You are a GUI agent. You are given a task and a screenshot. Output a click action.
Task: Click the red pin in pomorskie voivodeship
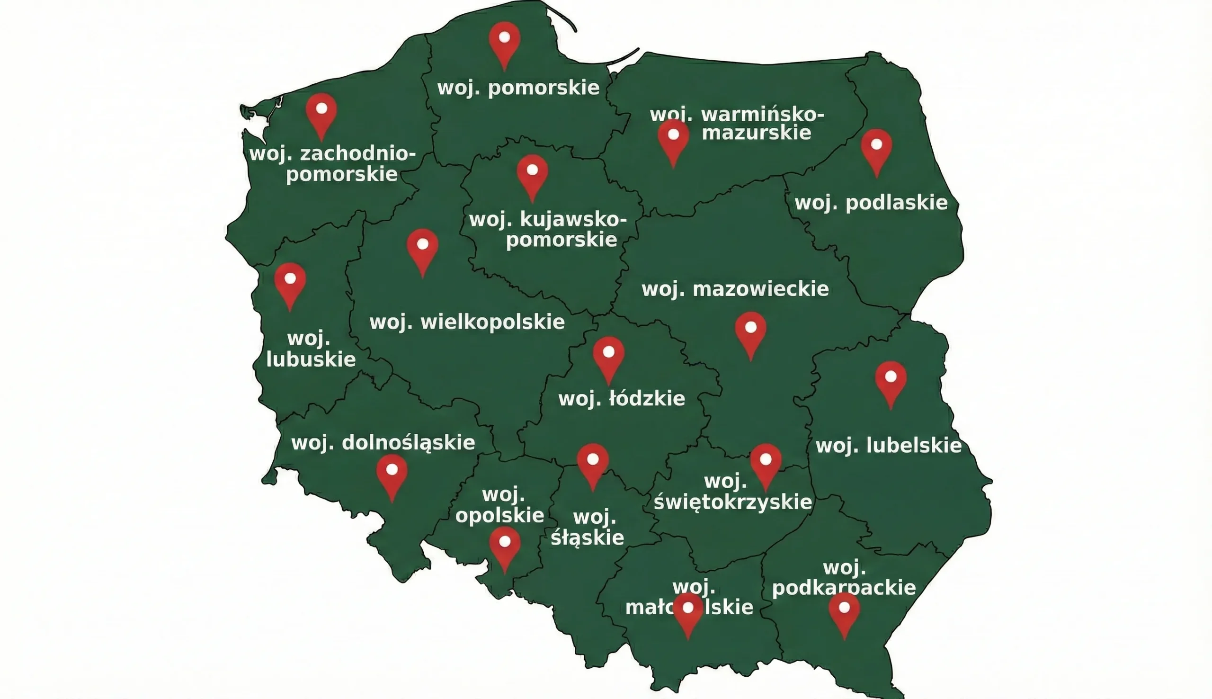[504, 40]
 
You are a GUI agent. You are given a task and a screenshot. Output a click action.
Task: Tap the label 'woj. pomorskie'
[518, 89]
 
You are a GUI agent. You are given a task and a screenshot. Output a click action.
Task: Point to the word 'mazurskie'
[756, 133]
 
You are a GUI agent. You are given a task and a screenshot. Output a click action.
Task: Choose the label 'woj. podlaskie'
[871, 203]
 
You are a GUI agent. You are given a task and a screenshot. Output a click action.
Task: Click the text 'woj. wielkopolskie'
[467, 322]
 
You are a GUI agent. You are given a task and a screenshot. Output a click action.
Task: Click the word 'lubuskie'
[311, 359]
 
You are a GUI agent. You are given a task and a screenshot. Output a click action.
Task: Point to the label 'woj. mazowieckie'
[735, 289]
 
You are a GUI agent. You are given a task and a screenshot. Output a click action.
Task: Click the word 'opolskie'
[499, 516]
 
